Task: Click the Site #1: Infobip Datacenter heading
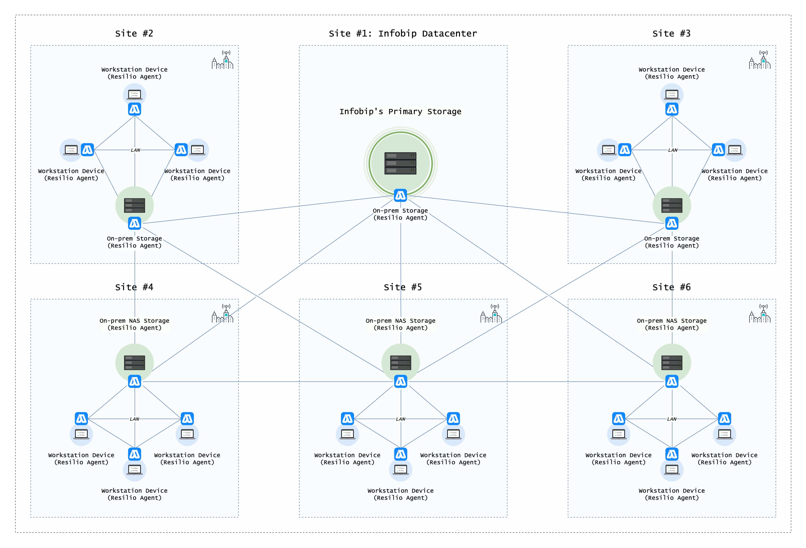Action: point(403,34)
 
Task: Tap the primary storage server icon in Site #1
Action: point(400,163)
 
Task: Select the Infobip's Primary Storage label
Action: point(400,111)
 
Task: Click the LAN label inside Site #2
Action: point(135,150)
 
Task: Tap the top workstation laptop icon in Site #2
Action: point(134,94)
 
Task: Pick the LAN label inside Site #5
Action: point(400,419)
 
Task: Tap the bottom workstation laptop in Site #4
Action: point(135,470)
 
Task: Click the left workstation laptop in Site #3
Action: point(608,150)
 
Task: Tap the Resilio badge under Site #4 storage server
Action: point(134,381)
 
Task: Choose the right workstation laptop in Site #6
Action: point(724,434)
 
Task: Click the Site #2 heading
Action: point(134,34)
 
